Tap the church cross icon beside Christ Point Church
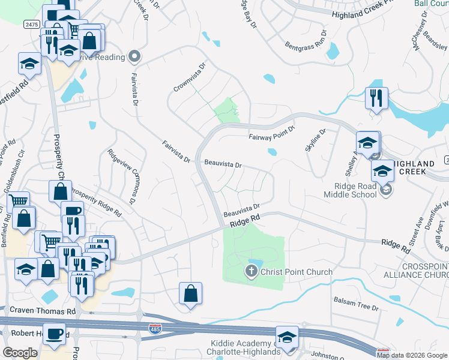(x=251, y=272)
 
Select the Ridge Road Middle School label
(x=350, y=190)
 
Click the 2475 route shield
(x=31, y=24)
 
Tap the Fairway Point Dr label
(x=273, y=133)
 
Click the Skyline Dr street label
(x=316, y=140)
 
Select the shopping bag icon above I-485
(x=190, y=293)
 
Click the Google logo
(x=19, y=353)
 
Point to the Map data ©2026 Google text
(x=411, y=355)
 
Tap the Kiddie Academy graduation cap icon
(x=287, y=337)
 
